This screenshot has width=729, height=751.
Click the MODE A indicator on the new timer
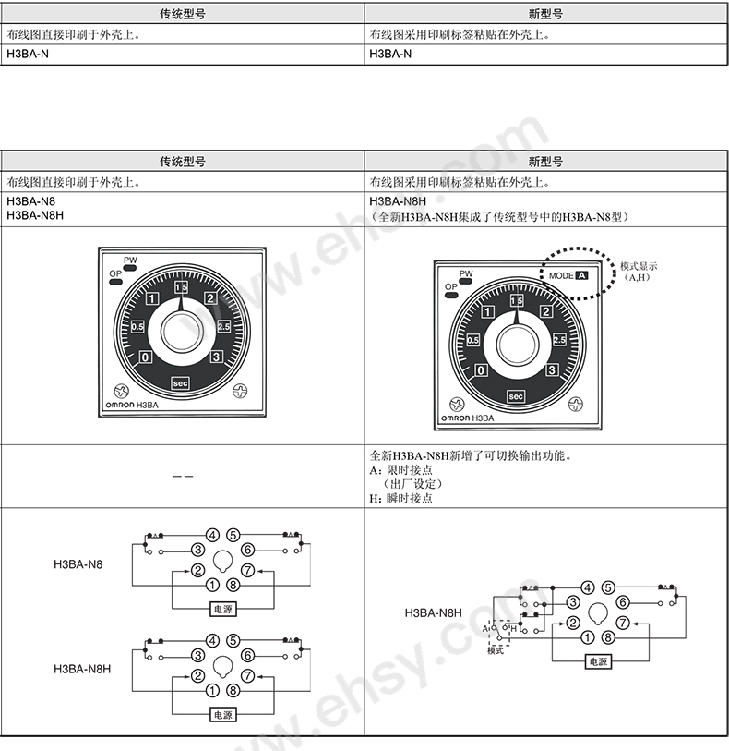click(568, 275)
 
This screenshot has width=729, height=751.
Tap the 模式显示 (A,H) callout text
click(639, 271)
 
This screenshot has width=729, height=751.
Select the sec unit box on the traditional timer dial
click(180, 383)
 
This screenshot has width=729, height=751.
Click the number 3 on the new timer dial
click(552, 369)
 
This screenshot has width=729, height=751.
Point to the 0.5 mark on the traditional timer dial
click(137, 327)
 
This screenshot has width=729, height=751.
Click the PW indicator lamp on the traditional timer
click(130, 268)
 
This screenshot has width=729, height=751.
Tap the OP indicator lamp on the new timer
click(451, 295)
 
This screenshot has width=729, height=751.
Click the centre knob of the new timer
click(517, 345)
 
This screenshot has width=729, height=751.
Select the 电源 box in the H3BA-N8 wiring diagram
click(223, 610)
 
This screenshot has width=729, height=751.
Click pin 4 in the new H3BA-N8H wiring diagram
click(588, 587)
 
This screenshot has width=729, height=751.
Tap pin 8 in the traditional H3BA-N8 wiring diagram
click(233, 585)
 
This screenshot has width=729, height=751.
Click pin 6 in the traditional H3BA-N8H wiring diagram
click(248, 655)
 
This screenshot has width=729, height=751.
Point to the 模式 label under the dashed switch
click(496, 650)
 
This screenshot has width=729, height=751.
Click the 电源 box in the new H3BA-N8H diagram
click(598, 662)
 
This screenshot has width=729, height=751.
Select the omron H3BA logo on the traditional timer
click(132, 405)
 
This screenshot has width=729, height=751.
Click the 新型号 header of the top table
click(545, 14)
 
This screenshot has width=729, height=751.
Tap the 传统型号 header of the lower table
click(183, 162)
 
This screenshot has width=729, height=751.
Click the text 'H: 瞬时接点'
click(400, 498)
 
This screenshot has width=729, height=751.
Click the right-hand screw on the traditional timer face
click(240, 392)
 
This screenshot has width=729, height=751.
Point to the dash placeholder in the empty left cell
click(183, 477)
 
